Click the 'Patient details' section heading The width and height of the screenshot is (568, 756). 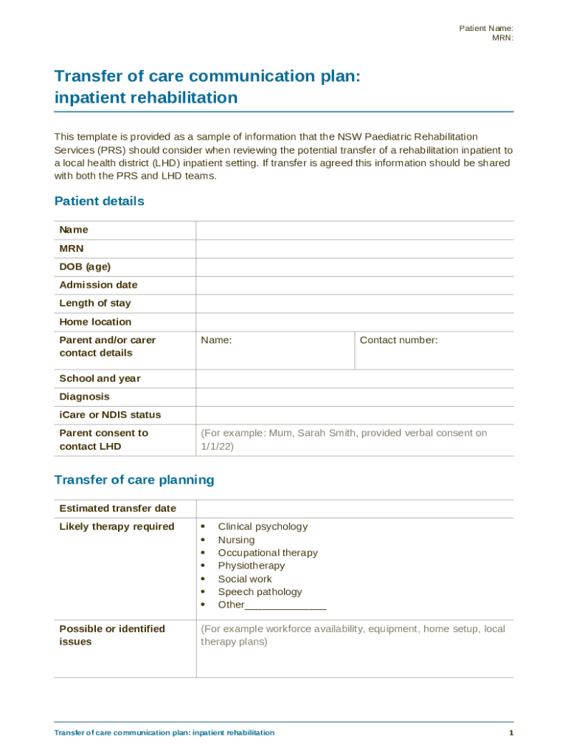pos(99,202)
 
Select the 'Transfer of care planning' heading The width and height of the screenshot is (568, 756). pos(134,480)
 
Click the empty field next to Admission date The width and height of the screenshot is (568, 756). pos(354,285)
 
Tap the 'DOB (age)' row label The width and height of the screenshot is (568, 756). pos(85,267)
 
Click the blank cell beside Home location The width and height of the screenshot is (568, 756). pos(354,322)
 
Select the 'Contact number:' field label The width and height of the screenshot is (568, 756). pos(398,340)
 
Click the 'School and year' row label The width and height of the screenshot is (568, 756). pos(100,379)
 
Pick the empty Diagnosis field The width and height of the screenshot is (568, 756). pos(354,397)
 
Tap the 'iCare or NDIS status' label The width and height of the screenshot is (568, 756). pos(110,415)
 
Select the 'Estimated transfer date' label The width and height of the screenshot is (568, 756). pos(117,509)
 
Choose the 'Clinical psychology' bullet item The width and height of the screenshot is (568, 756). pos(263,527)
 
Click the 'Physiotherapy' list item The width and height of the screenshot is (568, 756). pos(251,566)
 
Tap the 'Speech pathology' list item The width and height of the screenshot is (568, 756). pos(260,592)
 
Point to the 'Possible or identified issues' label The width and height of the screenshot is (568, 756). pos(112,635)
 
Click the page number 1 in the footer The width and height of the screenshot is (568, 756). pos(510,733)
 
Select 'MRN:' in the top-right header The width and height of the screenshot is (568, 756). pos(502,38)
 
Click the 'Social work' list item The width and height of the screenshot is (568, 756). pos(245,580)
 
